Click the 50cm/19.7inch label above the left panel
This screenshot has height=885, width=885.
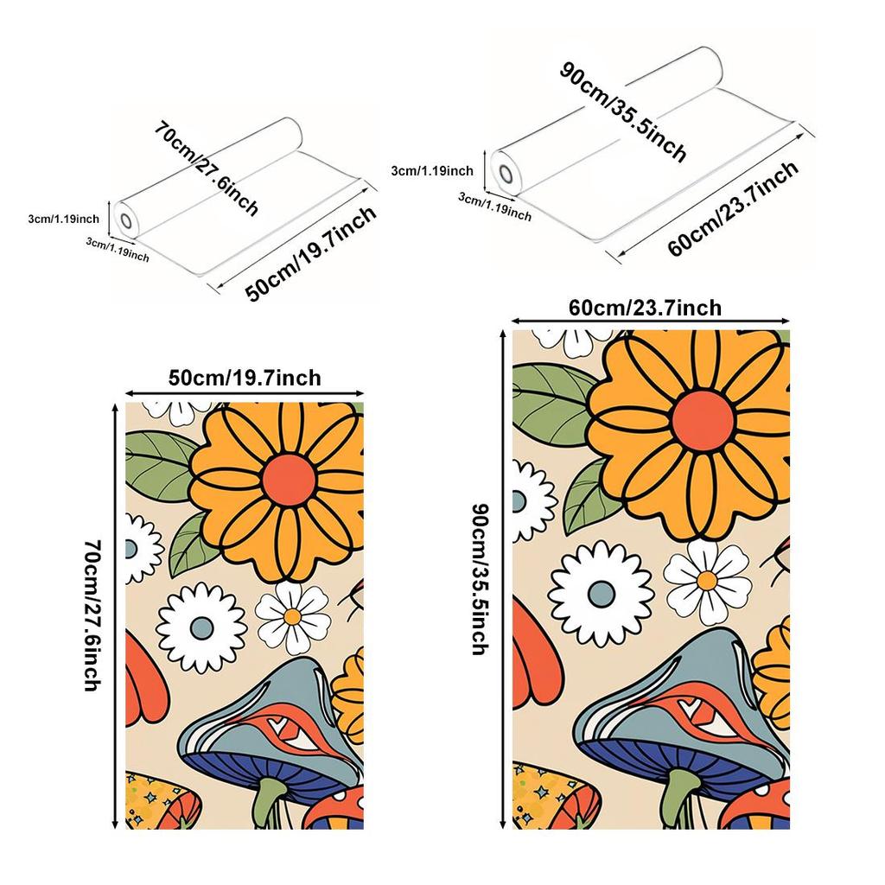pos(245,377)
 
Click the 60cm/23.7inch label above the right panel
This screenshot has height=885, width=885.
pos(645,309)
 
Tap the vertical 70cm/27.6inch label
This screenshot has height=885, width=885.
pos(92,615)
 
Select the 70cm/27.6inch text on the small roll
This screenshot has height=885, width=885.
pos(207,168)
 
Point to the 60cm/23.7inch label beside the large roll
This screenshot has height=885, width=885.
pos(733,208)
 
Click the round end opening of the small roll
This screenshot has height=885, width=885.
pos(125,220)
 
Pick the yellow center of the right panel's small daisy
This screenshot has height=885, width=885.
pos(707,580)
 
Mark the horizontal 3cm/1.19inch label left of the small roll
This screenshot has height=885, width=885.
pos(64,219)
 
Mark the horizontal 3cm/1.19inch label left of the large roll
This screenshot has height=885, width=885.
pos(432,170)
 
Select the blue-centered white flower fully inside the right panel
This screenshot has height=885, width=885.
pos(602,593)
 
